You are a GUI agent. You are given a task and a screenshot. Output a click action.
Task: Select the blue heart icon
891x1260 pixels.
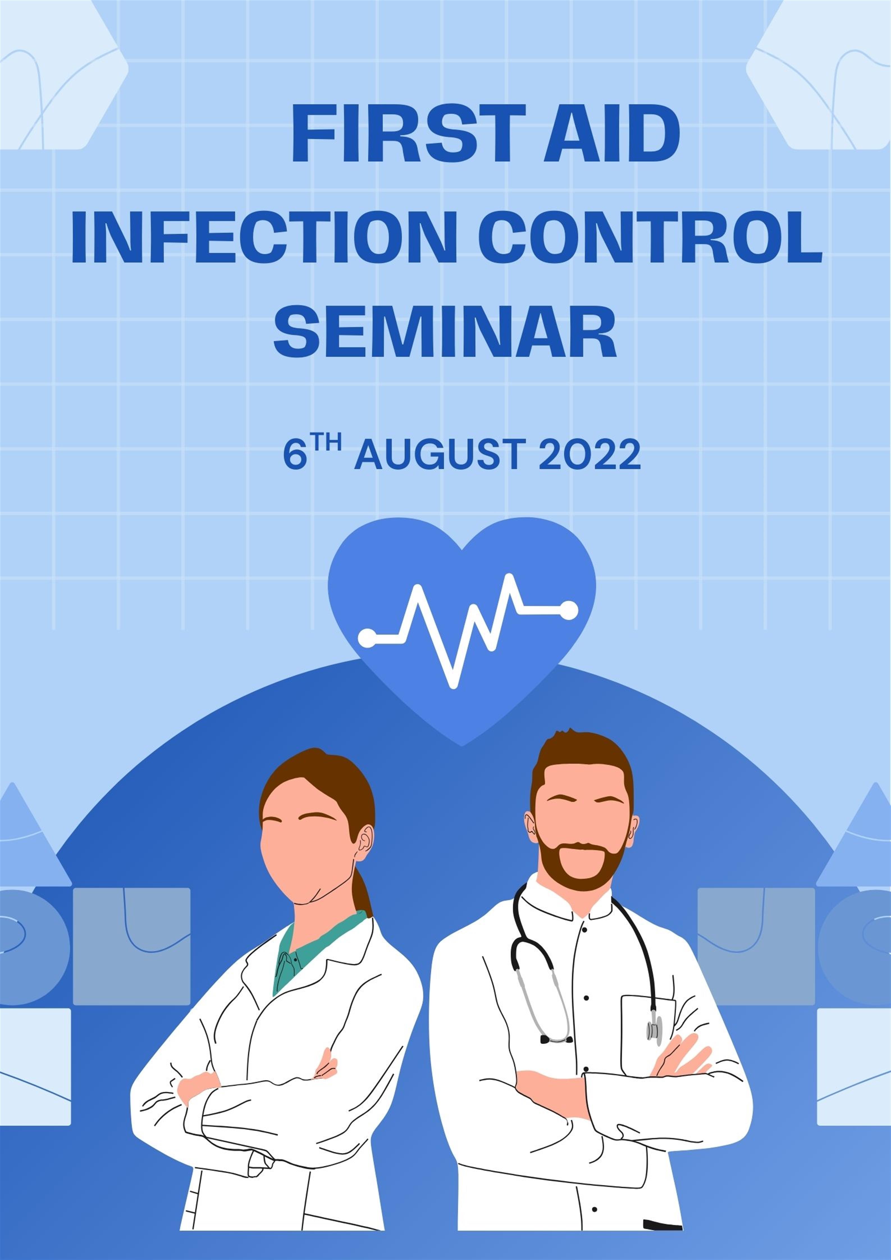point(462,626)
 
